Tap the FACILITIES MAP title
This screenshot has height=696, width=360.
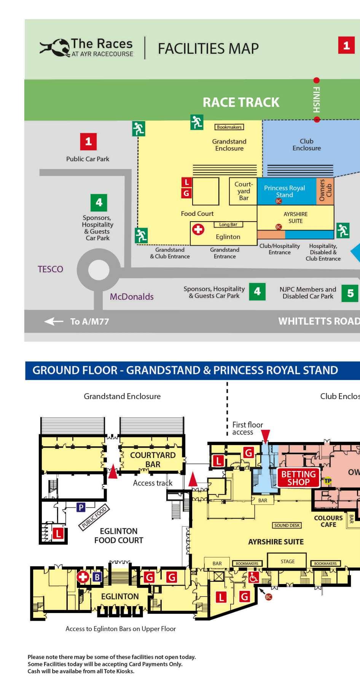coord(208,49)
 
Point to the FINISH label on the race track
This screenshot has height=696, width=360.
coord(316,100)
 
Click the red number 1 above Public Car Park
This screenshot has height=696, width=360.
coord(88,142)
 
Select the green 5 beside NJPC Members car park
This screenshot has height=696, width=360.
coord(350,293)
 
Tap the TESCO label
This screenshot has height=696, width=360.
coord(50,269)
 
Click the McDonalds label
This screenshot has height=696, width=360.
coord(132,297)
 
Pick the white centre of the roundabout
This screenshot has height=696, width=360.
coord(99,270)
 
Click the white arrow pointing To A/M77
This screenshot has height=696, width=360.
coord(54,322)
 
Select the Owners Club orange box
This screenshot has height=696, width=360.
coord(325,190)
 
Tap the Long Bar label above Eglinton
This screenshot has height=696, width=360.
coord(228,225)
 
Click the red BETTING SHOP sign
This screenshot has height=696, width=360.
coord(298,478)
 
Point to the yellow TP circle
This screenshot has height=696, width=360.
coord(327,481)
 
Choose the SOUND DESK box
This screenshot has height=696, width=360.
coord(287,525)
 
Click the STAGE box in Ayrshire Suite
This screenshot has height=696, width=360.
coord(287,561)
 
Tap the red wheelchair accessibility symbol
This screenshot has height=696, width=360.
coord(253,578)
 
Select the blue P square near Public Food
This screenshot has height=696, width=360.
coord(81,507)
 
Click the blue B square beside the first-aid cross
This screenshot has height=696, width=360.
coord(97,577)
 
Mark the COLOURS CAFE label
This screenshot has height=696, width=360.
coord(328,521)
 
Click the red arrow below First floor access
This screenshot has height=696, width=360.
coord(266,436)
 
